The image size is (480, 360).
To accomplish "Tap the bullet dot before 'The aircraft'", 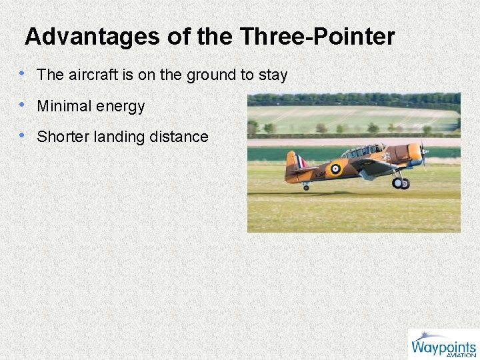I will pos(23,74).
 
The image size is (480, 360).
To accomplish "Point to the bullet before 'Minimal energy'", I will pos(23,105).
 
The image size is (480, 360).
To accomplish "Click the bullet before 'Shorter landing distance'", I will pos(23,136).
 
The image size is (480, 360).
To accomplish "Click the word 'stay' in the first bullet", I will pos(273,75).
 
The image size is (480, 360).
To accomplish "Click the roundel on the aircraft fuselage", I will pos(335,169).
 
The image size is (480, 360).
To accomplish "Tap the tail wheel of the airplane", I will pos(305,187).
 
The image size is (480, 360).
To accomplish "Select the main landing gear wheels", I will pos(401,182).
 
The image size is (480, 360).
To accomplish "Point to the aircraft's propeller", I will pos(423,153).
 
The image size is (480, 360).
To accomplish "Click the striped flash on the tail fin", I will pos(301,161).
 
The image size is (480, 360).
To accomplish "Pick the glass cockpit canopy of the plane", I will pos(364,151).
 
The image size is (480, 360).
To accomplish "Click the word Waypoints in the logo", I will pos(443,346).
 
